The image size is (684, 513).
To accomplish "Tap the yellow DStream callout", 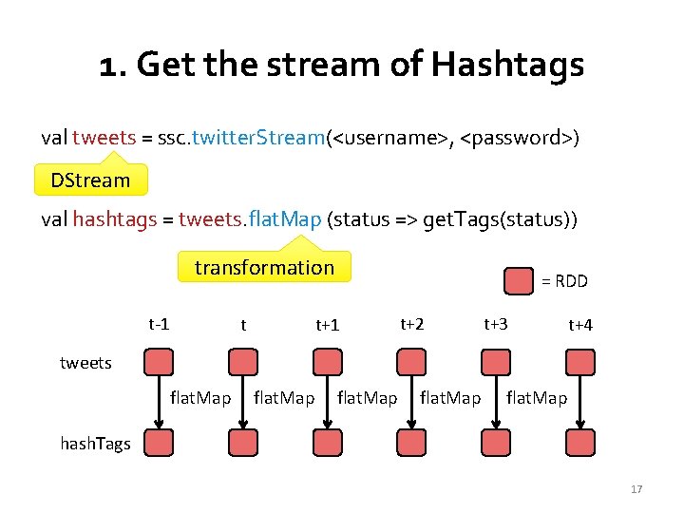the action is click(90, 180).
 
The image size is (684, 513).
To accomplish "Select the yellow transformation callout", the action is click(264, 268).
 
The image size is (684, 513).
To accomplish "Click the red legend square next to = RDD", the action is click(518, 281).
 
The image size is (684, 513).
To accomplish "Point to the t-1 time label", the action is click(159, 323).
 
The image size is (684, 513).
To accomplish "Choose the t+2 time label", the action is click(411, 324).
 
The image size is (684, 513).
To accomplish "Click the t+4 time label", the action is click(579, 325).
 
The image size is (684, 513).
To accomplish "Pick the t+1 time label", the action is click(327, 325).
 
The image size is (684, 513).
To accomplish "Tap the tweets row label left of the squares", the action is click(85, 363).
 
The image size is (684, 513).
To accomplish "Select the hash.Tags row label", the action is click(95, 444).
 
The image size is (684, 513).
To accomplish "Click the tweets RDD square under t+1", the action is click(328, 362).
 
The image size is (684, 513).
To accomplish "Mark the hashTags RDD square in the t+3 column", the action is click(495, 443).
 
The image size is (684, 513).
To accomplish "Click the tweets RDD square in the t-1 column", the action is click(160, 362).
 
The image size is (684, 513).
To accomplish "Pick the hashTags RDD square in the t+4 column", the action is click(579, 443).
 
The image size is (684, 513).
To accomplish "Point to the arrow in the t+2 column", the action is click(411, 403).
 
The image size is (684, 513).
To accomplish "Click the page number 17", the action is click(636, 489).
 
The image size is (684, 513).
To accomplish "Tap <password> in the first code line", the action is click(517, 139).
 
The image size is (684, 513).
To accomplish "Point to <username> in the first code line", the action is click(390, 139).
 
